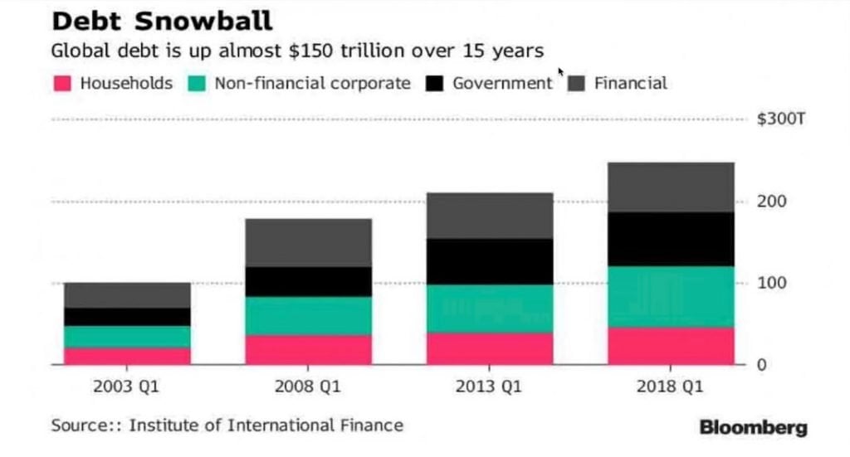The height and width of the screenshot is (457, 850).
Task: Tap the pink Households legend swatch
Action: (64, 84)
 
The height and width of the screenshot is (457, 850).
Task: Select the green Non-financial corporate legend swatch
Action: (198, 84)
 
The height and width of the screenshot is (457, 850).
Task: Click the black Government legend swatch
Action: (436, 84)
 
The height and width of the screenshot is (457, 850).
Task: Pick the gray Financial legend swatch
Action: (578, 84)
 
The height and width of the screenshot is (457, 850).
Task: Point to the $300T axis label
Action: (781, 119)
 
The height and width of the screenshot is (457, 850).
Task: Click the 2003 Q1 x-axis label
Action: (127, 386)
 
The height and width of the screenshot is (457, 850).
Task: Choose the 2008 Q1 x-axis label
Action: (308, 386)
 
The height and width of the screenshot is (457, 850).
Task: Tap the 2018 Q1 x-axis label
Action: (671, 386)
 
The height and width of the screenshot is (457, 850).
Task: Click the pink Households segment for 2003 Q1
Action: (127, 356)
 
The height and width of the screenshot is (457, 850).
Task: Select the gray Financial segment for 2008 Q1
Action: (308, 242)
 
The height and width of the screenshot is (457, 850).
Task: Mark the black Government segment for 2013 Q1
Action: (490, 261)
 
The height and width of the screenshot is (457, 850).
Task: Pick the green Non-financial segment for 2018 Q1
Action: (671, 296)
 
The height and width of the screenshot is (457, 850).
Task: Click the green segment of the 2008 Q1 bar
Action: (308, 315)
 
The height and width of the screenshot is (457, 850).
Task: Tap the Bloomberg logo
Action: (753, 428)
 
